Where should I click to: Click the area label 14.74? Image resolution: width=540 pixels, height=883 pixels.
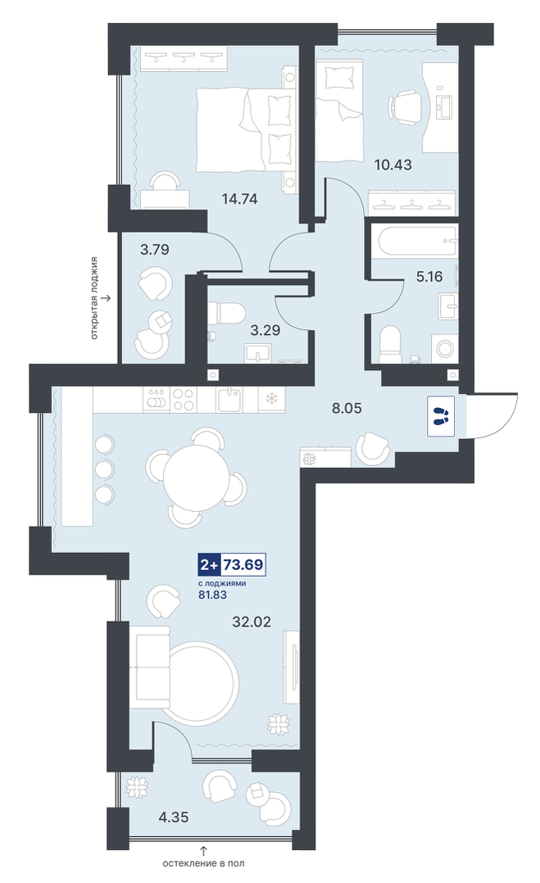(239, 198)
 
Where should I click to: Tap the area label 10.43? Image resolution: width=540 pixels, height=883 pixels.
(393, 165)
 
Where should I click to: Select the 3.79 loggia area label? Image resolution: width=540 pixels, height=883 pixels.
(155, 250)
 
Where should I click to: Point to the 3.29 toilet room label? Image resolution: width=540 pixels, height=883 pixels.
(265, 330)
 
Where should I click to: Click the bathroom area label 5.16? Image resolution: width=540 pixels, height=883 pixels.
(429, 277)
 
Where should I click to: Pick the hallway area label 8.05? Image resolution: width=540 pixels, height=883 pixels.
(347, 408)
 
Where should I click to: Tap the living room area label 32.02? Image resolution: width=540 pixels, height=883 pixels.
(252, 622)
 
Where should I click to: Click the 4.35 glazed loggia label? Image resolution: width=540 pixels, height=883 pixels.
(174, 817)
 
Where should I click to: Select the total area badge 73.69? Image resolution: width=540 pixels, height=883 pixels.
(243, 564)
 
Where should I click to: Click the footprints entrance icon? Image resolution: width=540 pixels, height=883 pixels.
(442, 417)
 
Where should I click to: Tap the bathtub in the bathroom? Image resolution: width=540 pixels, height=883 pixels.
(417, 242)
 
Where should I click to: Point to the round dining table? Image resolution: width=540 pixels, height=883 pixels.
(196, 474)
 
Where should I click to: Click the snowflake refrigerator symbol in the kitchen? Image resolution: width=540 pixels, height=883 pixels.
(271, 399)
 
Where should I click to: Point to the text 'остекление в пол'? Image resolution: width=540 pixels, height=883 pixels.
(204, 863)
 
